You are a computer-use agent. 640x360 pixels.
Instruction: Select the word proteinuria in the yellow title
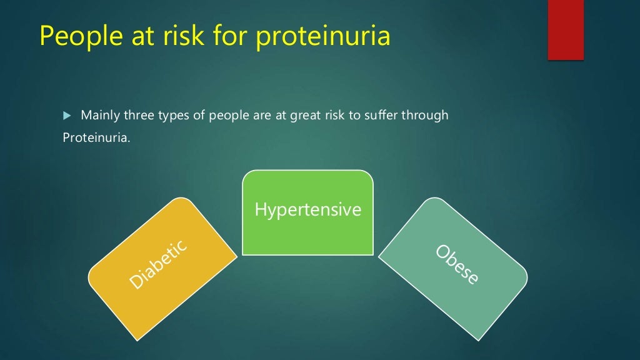pyautogui.click(x=324, y=36)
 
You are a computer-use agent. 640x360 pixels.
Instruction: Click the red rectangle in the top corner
pyautogui.click(x=566, y=29)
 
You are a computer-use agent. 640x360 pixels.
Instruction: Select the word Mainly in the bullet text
pyautogui.click(x=98, y=116)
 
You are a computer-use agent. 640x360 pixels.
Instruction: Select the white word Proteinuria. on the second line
pyautogui.click(x=97, y=137)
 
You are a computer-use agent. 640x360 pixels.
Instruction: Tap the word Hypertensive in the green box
pyautogui.click(x=307, y=209)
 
